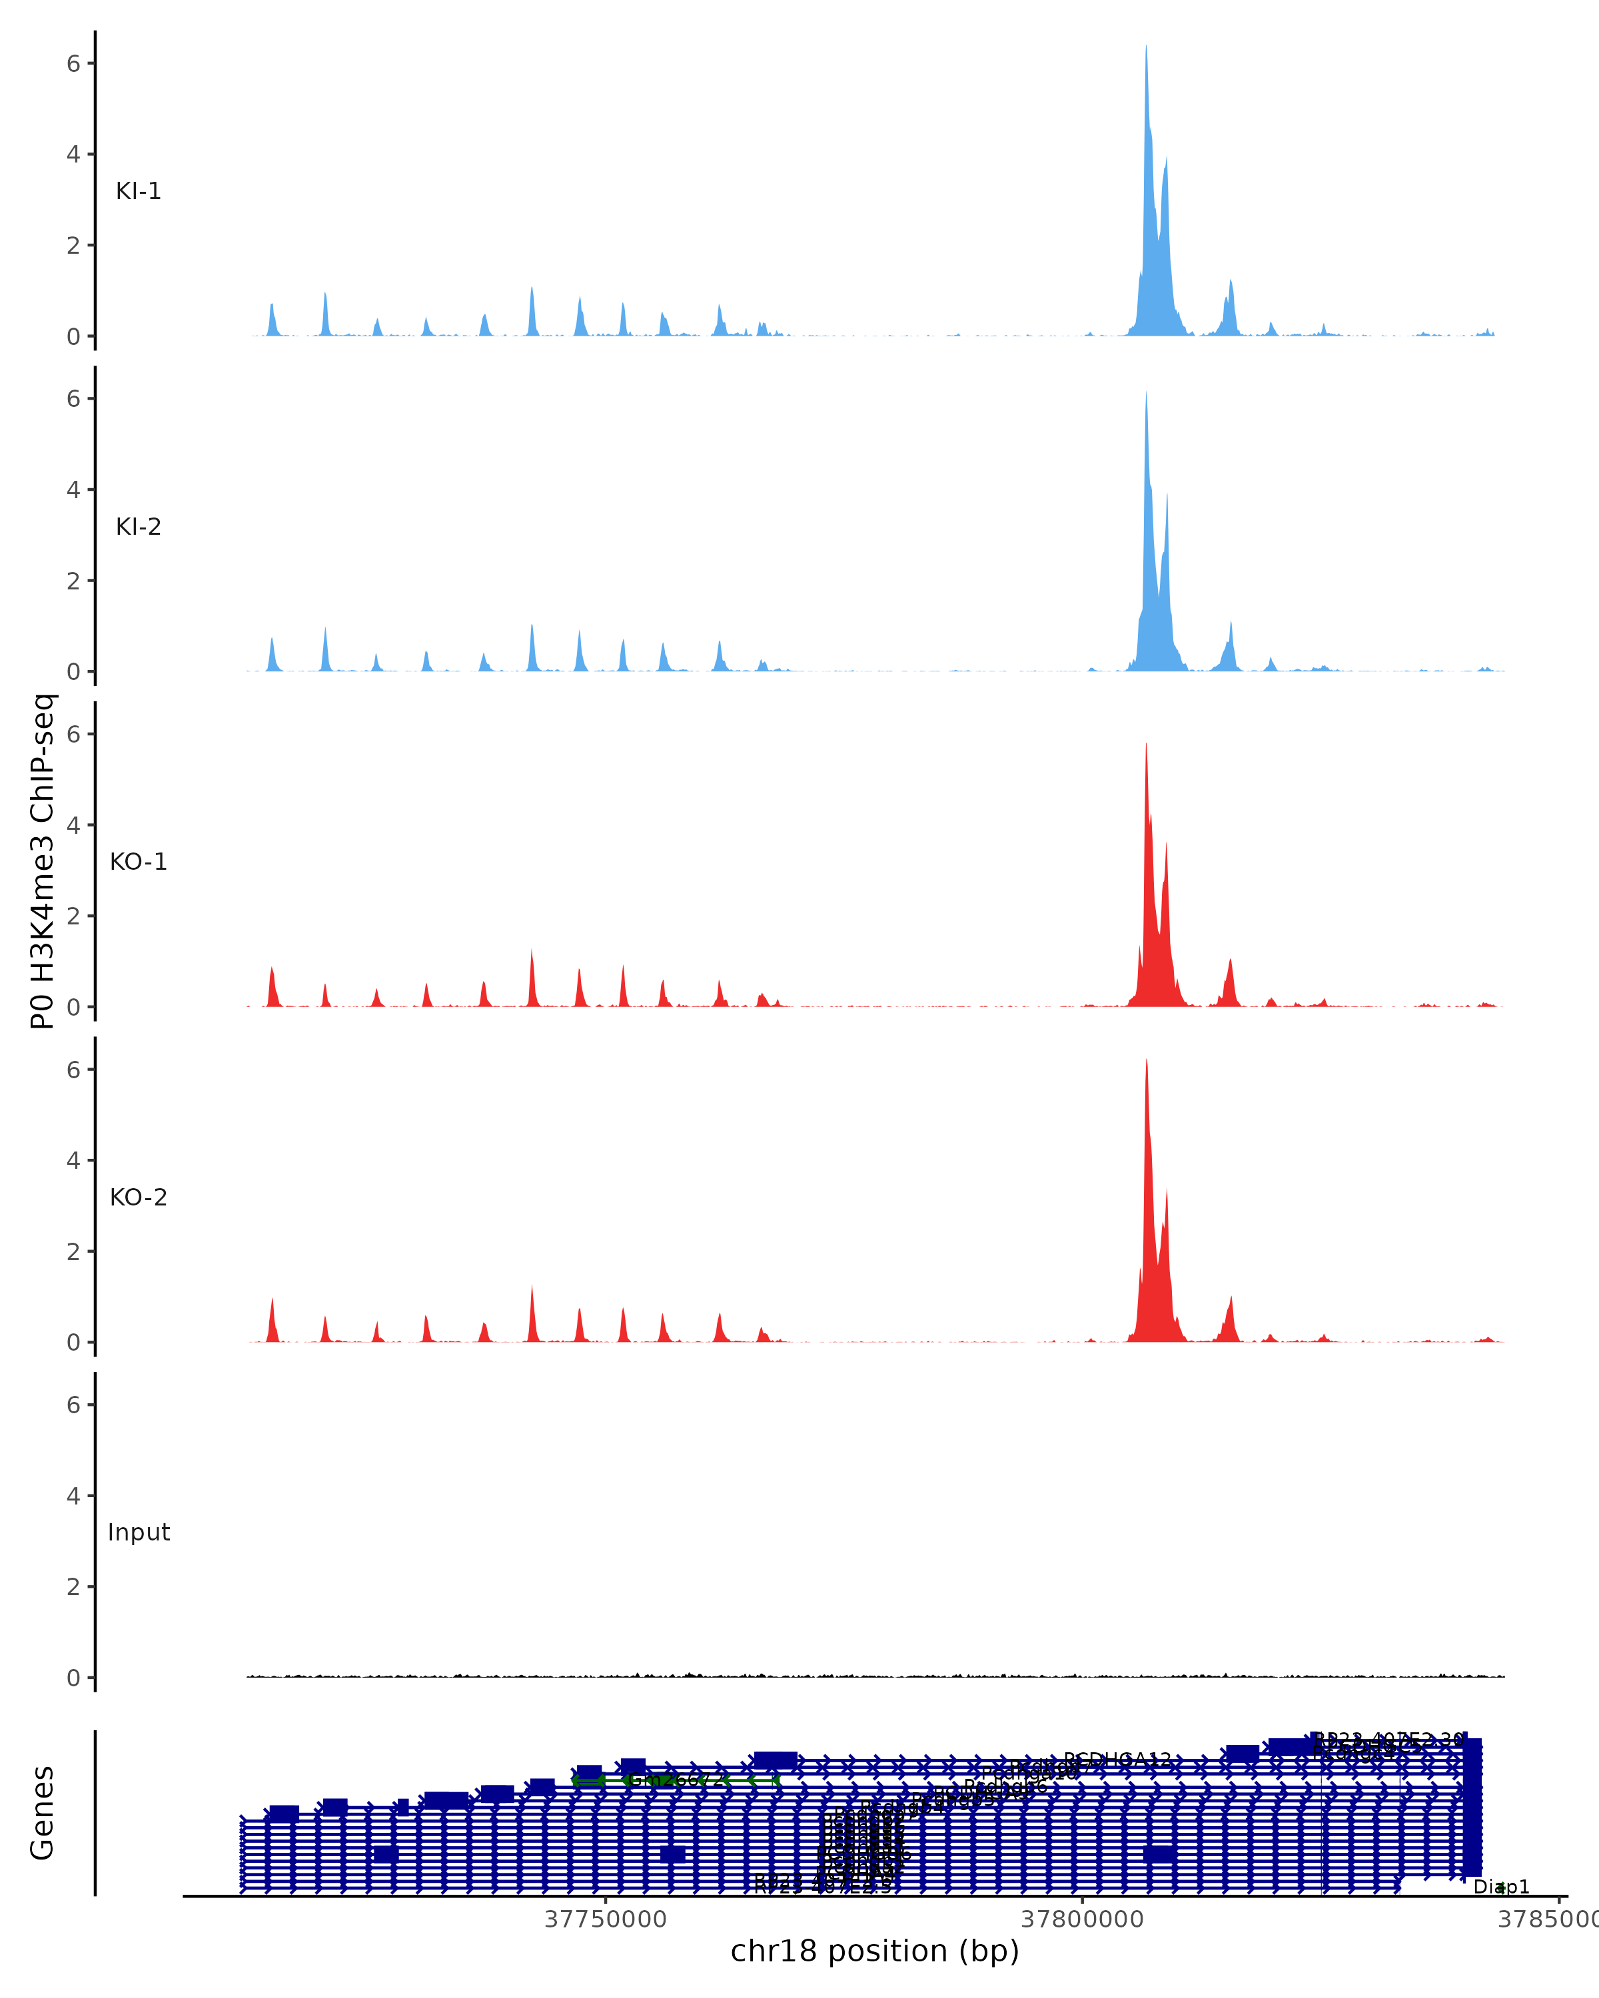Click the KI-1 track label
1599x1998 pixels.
(x=138, y=192)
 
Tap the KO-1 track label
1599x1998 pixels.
(x=138, y=862)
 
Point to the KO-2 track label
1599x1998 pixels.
(x=138, y=1197)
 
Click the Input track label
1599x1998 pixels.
(x=138, y=1532)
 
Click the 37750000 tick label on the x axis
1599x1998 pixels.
(x=606, y=1919)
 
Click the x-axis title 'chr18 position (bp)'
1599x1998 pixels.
(x=874, y=1951)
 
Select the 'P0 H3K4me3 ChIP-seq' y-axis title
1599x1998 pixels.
(x=43, y=861)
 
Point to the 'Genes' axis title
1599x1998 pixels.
(x=43, y=1813)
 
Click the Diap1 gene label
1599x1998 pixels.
(x=1501, y=1887)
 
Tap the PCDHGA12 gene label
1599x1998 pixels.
(x=1117, y=1759)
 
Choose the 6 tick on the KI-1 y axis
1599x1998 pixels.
(x=74, y=63)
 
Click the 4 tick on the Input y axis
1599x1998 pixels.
(x=74, y=1496)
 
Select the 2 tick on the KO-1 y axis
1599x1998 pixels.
(x=74, y=916)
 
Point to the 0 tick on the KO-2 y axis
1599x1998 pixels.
(x=74, y=1342)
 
